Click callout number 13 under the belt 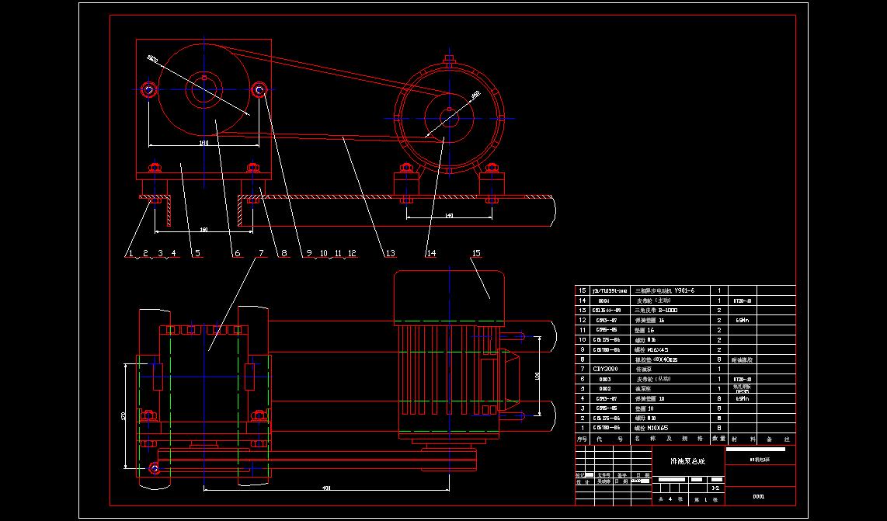pos(390,253)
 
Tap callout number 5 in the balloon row pos(197,253)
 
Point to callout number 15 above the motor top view pos(476,253)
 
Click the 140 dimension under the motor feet pos(448,216)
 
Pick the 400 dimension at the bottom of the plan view pos(326,488)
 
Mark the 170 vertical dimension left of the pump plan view pos(123,416)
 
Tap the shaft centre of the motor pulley pos(449,117)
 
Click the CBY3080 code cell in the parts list pos(605,369)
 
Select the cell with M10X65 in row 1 pos(653,428)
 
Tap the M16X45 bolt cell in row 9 pos(653,349)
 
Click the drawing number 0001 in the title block pos(759,496)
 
